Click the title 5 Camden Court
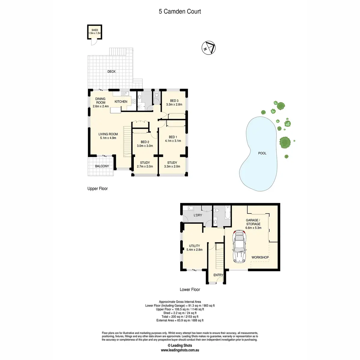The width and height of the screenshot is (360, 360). pos(180,12)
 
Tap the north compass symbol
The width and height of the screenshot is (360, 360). pos(209,48)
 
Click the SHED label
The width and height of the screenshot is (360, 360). pos(95,30)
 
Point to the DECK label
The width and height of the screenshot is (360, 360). pos(112,72)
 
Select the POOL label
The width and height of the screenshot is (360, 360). pos(262,153)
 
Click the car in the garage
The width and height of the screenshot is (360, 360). pos(239,247)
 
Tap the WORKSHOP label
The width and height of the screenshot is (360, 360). pos(260,257)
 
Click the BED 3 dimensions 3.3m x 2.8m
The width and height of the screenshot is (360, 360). pos(174,105)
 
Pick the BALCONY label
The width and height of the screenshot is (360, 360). pos(102,166)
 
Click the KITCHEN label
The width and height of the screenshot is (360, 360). pos(121,102)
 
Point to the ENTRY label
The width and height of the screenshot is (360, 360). pos(218,275)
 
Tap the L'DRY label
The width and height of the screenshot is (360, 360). pos(198,215)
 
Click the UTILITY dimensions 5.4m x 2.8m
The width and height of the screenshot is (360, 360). pos(194,250)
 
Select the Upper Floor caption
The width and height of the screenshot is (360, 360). pos(97,189)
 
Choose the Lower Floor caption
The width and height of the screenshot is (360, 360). pos(190,289)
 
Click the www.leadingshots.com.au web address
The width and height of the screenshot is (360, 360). pos(180,350)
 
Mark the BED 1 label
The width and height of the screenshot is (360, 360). pos(173,137)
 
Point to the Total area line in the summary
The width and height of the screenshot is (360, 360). pos(180,316)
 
